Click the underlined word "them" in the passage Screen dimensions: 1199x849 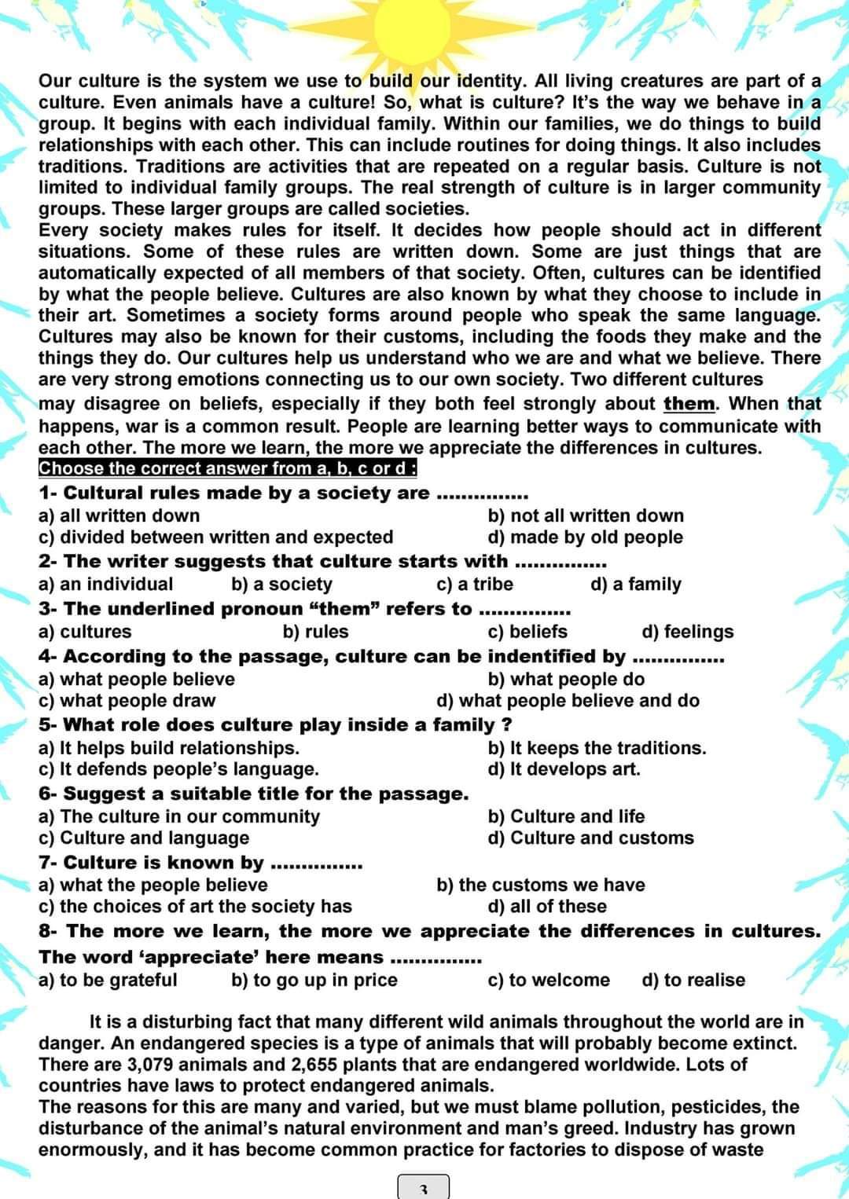pos(689,404)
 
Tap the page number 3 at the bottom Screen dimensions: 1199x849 pos(423,1189)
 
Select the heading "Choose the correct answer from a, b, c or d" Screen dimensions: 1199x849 pos(227,468)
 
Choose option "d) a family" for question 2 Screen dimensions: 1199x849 pos(635,584)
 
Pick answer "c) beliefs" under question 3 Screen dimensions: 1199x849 pos(527,632)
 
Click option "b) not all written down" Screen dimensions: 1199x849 pos(586,515)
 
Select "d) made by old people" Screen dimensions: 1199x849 pos(585,537)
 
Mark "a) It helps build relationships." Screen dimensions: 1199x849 pos(169,748)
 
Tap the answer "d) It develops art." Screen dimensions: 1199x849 pos(564,769)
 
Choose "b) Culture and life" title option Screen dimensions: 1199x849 pos(566,816)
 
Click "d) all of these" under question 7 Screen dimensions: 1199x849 pos(547,907)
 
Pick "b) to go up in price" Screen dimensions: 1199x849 pos(314,980)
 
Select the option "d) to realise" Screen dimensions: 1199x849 pos(693,980)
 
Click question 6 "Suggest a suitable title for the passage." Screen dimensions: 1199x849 pos(254,794)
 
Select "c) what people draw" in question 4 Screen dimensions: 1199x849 pos(127,701)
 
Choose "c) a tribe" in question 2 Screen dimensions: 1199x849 pos(474,584)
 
